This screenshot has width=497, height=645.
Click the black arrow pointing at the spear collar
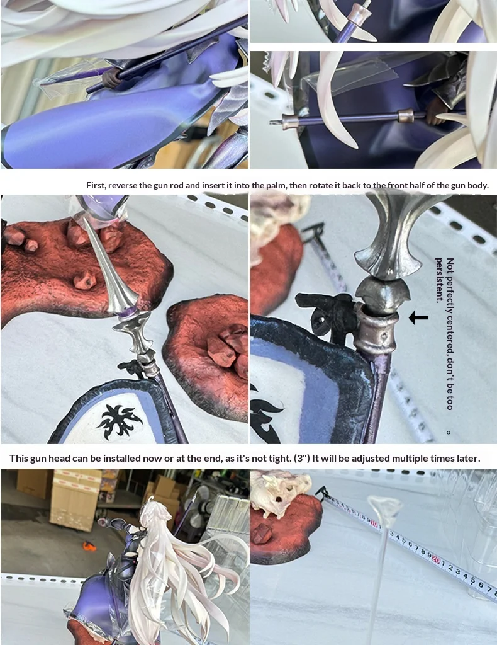418,317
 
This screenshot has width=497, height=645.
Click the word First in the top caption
95,185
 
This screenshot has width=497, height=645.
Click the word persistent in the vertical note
439,280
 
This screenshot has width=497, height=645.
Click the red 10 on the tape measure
374,523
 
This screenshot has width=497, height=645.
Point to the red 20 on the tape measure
436,559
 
